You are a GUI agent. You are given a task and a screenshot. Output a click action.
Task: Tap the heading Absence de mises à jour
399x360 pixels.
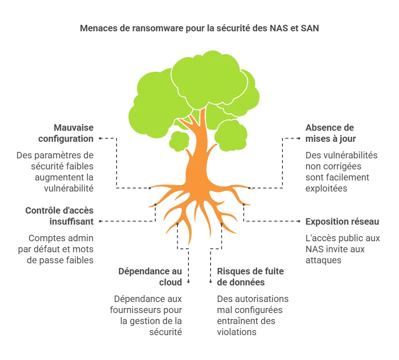tap(330, 133)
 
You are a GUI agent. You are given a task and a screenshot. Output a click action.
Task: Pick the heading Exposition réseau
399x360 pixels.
tap(342, 221)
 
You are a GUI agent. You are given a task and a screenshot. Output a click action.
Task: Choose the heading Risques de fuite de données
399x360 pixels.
tap(250, 277)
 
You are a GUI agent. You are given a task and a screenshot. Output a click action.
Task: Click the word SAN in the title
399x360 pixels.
tap(310, 28)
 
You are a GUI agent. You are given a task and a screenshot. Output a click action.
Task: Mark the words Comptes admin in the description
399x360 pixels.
tap(61, 238)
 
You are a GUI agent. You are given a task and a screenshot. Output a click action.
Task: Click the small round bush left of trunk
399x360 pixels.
tap(179, 141)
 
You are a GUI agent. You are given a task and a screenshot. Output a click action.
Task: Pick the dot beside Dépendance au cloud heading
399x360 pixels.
tap(188, 282)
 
